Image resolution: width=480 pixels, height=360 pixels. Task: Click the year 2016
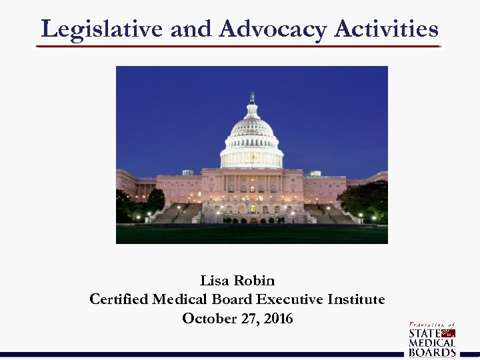[278, 319]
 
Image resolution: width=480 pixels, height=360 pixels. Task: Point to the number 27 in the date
[247, 319]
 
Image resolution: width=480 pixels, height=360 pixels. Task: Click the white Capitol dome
[251, 137]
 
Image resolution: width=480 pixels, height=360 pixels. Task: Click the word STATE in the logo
[424, 333]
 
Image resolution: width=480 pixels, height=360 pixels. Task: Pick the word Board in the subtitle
[235, 300]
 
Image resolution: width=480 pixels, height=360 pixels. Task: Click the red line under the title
[238, 47]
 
